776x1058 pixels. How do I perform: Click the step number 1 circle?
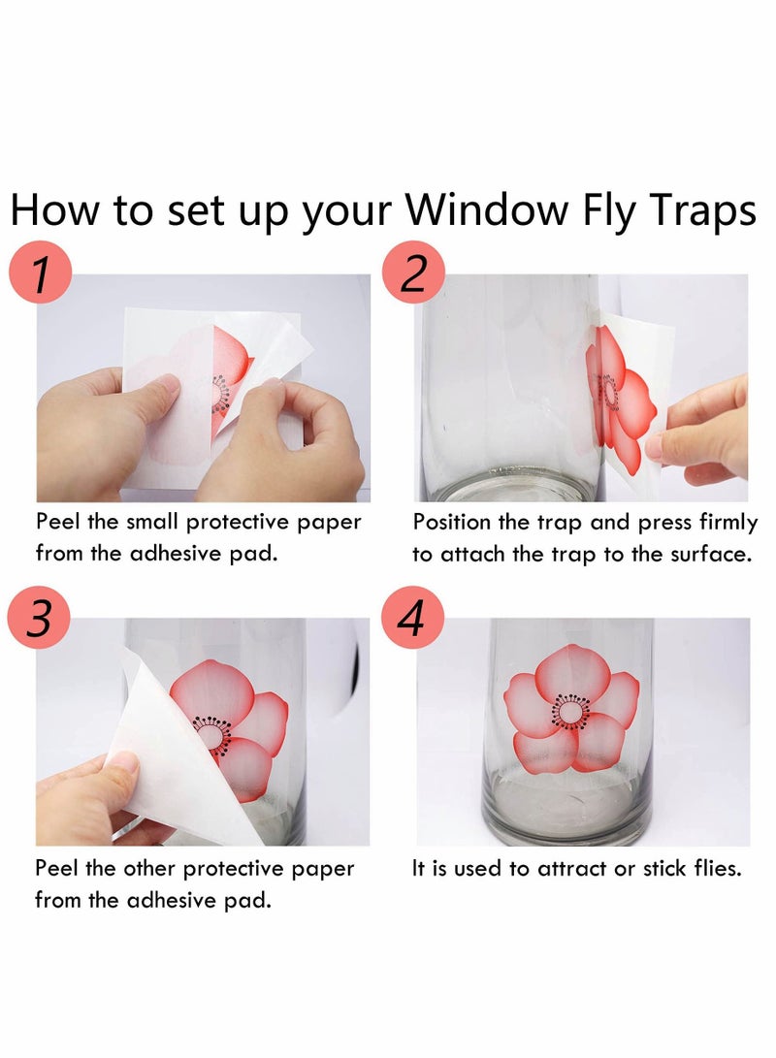click(40, 274)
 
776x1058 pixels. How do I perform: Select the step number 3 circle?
click(40, 619)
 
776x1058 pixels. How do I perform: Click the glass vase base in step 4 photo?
click(568, 810)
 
